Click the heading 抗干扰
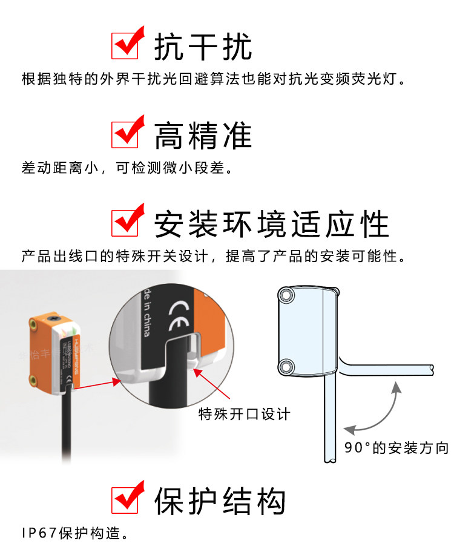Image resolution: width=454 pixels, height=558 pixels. click(203, 46)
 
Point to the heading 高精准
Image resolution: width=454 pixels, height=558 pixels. click(203, 134)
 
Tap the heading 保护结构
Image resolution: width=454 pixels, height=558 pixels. click(220, 501)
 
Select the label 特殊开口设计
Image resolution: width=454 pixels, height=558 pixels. click(245, 414)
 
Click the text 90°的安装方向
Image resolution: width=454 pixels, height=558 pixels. click(396, 448)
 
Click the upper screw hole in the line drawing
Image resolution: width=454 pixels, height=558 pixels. click(286, 296)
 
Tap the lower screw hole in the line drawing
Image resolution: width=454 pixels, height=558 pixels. click(286, 365)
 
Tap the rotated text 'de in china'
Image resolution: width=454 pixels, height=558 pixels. click(146, 312)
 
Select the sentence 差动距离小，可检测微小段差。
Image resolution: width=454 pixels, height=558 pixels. click(127, 168)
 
